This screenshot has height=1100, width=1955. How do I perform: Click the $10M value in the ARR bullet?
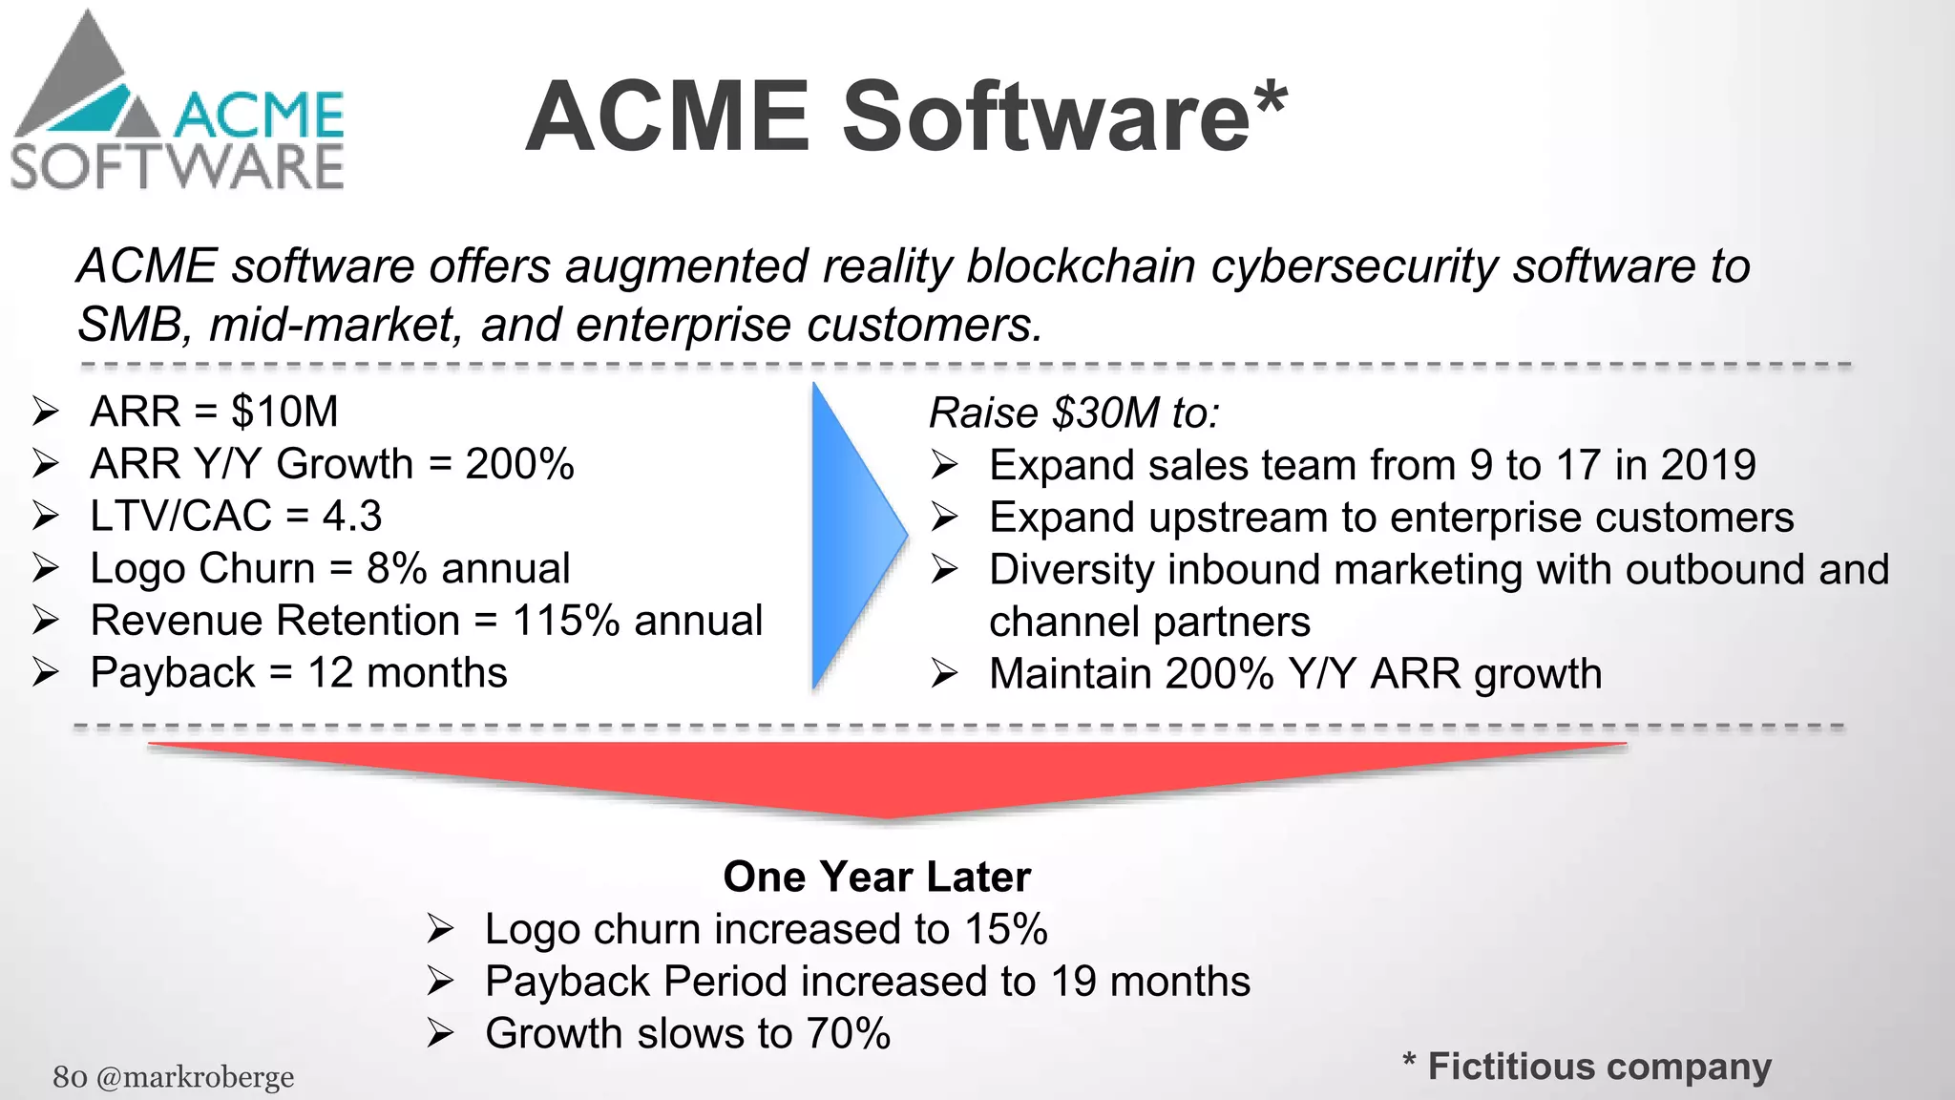tap(284, 412)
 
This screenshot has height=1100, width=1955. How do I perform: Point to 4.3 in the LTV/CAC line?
tap(351, 517)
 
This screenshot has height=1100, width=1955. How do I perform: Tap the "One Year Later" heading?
tap(876, 877)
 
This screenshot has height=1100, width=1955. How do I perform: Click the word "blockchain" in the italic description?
tap(1081, 266)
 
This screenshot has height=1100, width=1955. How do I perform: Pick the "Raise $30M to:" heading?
tap(1074, 412)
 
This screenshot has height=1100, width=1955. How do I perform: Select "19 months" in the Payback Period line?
tap(1150, 982)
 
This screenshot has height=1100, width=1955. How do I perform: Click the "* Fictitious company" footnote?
tap(1587, 1066)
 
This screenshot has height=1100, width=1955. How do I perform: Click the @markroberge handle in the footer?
tap(195, 1077)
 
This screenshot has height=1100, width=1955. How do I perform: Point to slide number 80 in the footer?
tap(70, 1077)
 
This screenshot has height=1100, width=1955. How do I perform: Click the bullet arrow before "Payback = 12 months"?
tap(45, 673)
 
